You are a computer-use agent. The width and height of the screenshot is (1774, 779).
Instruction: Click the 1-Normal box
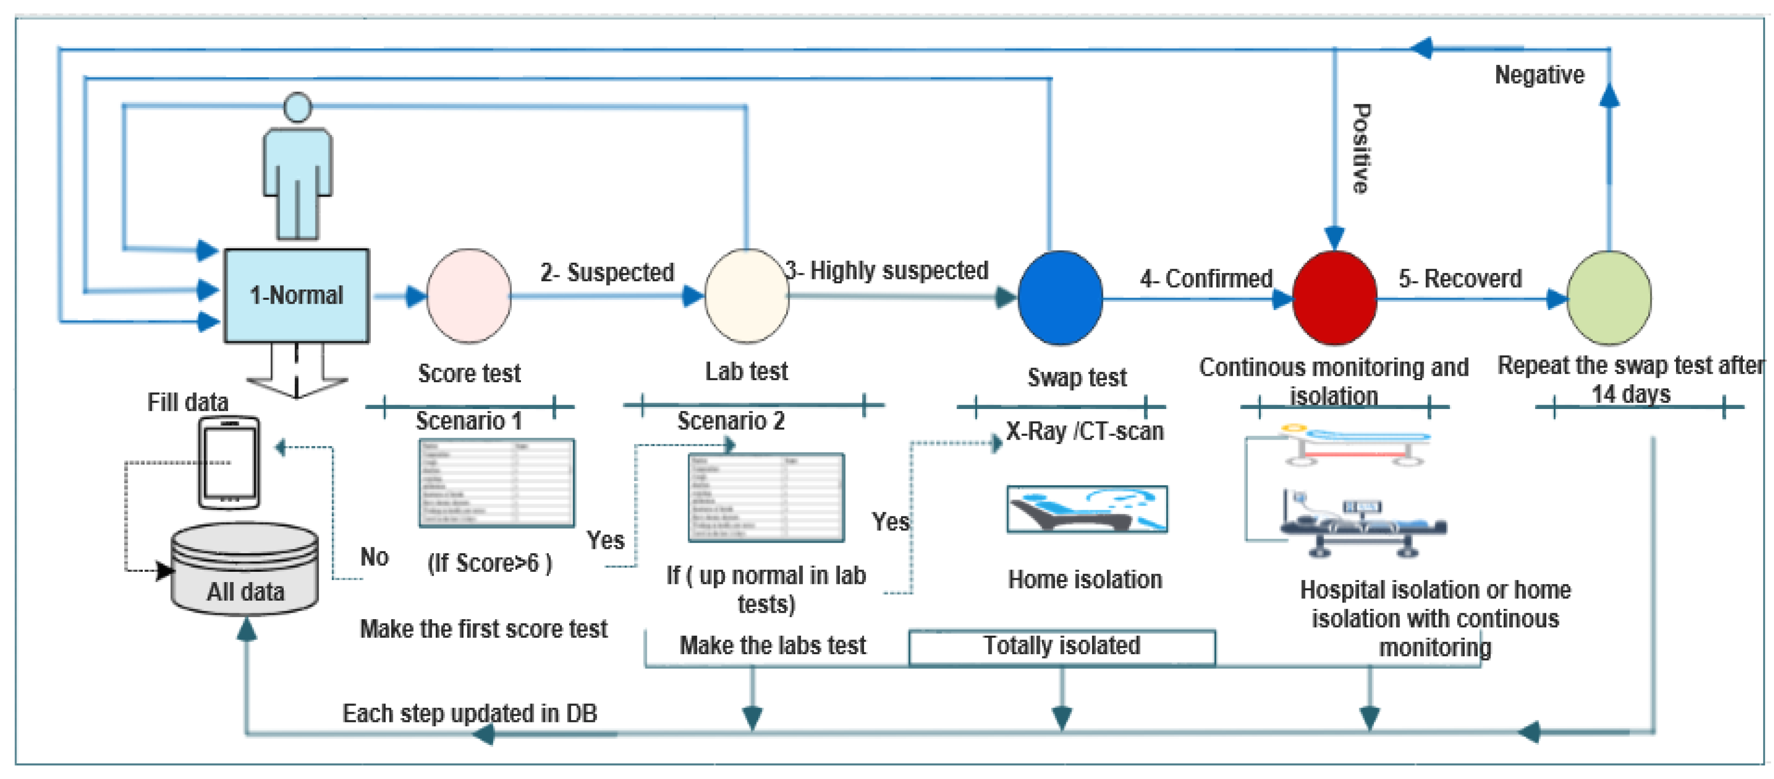point(296,295)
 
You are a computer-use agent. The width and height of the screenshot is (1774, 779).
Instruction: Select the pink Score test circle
point(468,296)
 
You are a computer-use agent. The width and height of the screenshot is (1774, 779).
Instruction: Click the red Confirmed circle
point(1334,297)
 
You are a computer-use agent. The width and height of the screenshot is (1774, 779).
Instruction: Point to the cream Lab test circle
point(747,296)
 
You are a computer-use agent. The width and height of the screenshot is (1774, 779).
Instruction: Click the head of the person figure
point(297,107)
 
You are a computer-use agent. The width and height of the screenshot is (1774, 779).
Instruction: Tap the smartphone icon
point(230,463)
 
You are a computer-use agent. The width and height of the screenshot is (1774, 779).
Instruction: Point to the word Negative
point(1539,75)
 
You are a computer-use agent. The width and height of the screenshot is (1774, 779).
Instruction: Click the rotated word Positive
point(1360,148)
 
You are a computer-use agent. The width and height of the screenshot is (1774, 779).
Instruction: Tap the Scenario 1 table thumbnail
point(496,483)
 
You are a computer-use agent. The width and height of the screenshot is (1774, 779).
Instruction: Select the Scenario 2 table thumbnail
point(766,497)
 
